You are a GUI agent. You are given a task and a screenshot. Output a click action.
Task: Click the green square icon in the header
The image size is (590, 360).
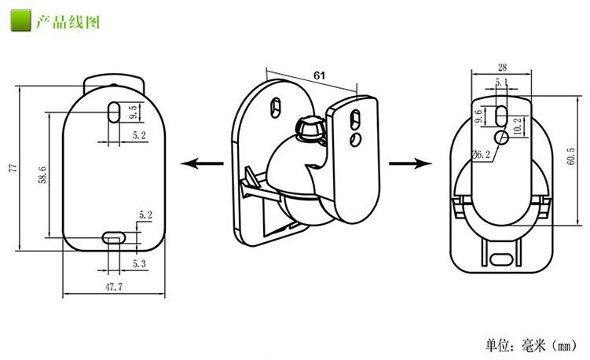point(22,21)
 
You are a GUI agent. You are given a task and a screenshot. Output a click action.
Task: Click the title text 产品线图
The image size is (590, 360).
point(68,21)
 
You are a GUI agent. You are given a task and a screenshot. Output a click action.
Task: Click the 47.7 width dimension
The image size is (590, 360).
point(114,287)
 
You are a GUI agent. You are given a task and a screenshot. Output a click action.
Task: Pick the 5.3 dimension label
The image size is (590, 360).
point(140,263)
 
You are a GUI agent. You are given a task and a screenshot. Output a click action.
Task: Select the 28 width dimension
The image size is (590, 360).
point(502,68)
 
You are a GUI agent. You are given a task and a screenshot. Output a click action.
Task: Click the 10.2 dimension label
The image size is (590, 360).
point(515,126)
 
